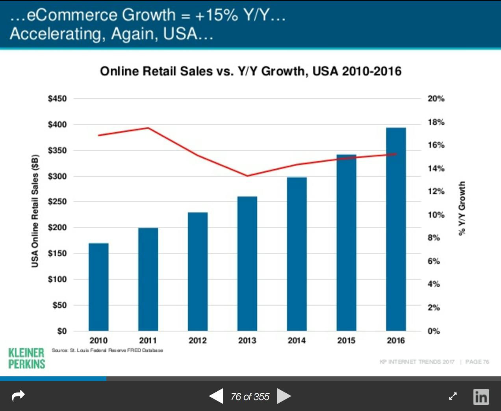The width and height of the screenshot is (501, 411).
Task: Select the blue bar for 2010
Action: click(x=98, y=287)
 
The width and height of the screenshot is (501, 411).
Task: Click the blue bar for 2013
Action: click(x=247, y=263)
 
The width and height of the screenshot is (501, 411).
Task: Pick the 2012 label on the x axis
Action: click(x=197, y=341)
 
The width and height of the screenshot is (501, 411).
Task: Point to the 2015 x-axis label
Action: click(x=346, y=341)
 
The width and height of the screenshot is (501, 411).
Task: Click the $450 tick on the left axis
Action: click(x=57, y=98)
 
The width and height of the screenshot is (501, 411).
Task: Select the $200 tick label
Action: click(x=57, y=228)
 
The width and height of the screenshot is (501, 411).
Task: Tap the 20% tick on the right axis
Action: click(x=436, y=98)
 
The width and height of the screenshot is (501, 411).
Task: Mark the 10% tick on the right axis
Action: click(x=436, y=215)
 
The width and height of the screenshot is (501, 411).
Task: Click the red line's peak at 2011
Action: click(x=148, y=128)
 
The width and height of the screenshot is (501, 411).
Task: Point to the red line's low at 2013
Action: click(x=247, y=176)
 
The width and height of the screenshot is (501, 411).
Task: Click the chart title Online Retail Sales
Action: click(x=250, y=71)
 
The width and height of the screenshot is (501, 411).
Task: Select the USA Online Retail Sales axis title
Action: click(x=35, y=211)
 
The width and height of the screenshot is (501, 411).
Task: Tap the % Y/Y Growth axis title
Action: click(x=462, y=208)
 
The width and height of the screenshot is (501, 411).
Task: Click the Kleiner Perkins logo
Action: click(x=27, y=358)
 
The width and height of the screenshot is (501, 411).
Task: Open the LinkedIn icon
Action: click(x=481, y=396)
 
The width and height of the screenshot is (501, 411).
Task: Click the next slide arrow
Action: click(x=284, y=396)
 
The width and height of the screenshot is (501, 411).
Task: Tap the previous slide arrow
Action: click(x=216, y=396)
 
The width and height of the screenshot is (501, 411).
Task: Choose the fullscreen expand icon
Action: click(x=453, y=396)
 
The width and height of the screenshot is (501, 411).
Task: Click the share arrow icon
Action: click(x=19, y=396)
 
